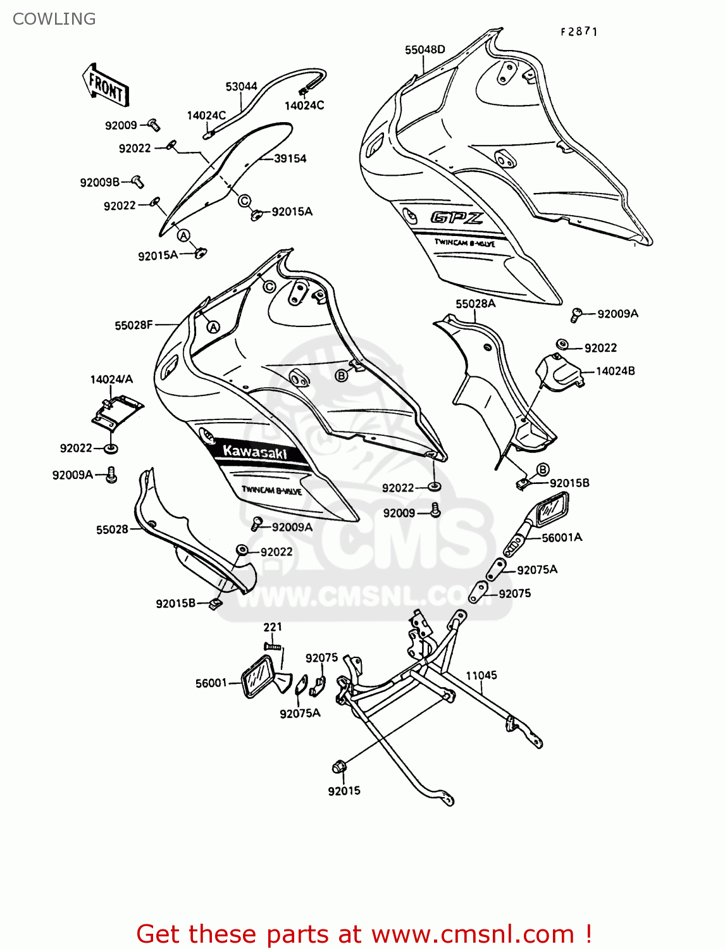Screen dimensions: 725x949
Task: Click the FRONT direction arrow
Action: click(106, 86)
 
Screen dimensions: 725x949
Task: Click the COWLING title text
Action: click(54, 19)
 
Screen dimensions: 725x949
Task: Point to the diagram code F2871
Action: click(579, 32)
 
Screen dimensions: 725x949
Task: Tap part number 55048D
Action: click(424, 50)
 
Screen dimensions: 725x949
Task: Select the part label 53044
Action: click(241, 87)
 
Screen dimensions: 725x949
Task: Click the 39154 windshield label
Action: click(290, 159)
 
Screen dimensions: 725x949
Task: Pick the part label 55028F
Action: click(133, 325)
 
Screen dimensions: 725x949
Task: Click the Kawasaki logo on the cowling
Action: click(255, 452)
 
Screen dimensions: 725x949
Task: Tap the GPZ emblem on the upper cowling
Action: click(457, 218)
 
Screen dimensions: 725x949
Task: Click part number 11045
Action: click(481, 675)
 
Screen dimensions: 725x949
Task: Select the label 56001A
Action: click(562, 537)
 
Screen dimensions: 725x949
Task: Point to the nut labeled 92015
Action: click(338, 767)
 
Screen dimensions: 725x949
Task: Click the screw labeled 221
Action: click(273, 646)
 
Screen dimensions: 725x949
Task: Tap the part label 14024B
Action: click(615, 371)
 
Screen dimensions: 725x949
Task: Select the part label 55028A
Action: click(475, 304)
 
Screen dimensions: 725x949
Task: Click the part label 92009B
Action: click(99, 182)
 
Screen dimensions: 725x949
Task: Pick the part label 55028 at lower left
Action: click(112, 530)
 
